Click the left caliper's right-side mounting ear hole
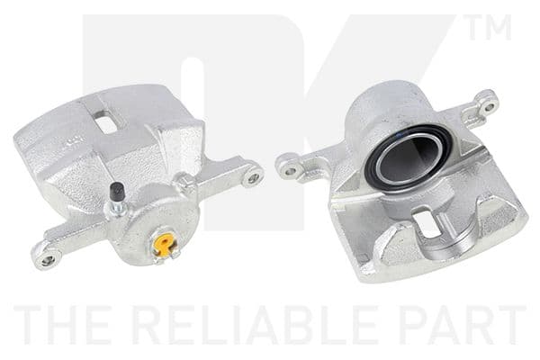click(x=253, y=177)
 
